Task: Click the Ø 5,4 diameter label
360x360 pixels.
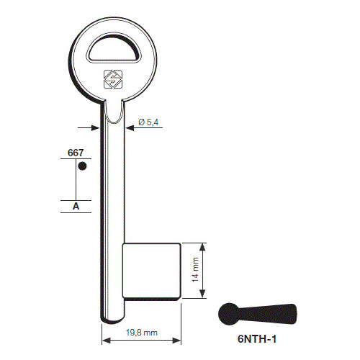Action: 148,122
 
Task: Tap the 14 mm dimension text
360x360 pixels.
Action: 196,270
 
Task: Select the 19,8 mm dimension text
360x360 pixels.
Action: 142,333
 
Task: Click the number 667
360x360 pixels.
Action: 76,153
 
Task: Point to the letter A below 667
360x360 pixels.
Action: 76,206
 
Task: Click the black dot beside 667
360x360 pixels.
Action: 82,166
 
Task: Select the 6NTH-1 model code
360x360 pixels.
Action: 257,339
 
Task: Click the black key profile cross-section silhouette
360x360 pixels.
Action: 257,315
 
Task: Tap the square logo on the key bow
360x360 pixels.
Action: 113,79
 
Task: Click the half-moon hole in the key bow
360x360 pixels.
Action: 114,49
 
